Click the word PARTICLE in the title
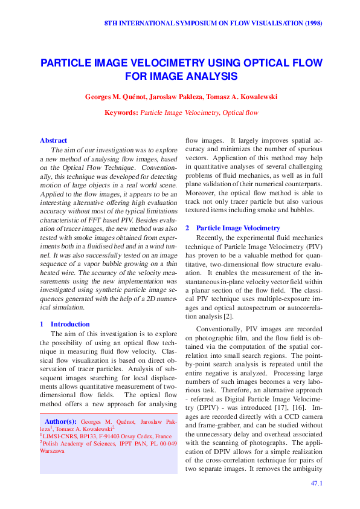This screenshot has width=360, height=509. click(x=66, y=63)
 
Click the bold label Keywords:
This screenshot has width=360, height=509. click(x=121, y=112)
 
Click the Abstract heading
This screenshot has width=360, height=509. click(x=53, y=140)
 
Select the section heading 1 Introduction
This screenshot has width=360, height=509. click(x=64, y=324)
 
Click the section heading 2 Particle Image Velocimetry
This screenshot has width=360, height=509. click(x=233, y=228)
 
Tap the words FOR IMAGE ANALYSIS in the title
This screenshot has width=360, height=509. click(x=181, y=76)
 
